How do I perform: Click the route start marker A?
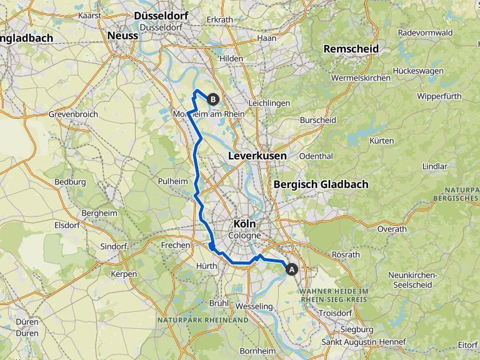coord(291,269)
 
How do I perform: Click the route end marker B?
coord(213,99)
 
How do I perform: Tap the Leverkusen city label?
coord(257,155)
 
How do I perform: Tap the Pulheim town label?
coord(172,181)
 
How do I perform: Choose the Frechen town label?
coord(175,245)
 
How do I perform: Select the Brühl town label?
coord(219,302)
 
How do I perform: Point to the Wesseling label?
coord(255,306)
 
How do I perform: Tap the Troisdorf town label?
coord(336,312)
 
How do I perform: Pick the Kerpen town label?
coord(123,274)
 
